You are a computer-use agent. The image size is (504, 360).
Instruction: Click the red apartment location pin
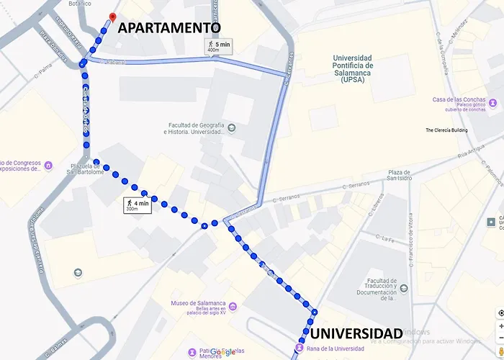pyautogui.click(x=111, y=17)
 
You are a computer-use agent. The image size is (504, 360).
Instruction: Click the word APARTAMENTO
pyautogui.click(x=168, y=27)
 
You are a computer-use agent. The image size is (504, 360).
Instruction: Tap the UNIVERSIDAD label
pyautogui.click(x=356, y=333)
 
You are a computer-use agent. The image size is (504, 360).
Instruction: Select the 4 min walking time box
pyautogui.click(x=138, y=205)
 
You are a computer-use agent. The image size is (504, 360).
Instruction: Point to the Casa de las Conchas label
pyautogui.click(x=458, y=99)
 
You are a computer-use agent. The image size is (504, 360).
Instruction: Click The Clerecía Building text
pyautogui.click(x=446, y=130)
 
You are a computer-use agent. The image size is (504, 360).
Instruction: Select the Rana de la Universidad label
pyautogui.click(x=333, y=349)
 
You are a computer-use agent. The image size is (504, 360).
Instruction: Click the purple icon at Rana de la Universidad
pyautogui.click(x=298, y=348)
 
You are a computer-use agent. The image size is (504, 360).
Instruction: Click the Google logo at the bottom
pyautogui.click(x=222, y=352)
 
